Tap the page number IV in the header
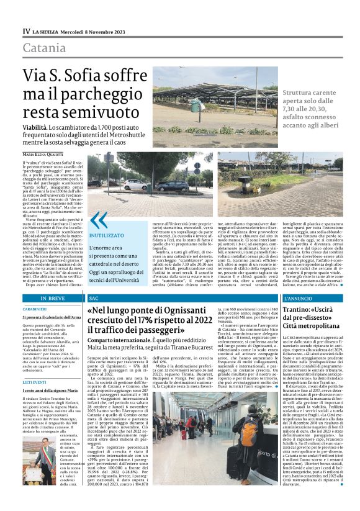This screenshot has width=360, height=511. tap(26, 31)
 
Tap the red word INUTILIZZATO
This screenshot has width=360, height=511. tap(107, 236)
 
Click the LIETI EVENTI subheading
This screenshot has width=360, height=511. tap(35, 382)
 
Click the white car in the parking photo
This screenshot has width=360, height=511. tap(135, 184)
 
